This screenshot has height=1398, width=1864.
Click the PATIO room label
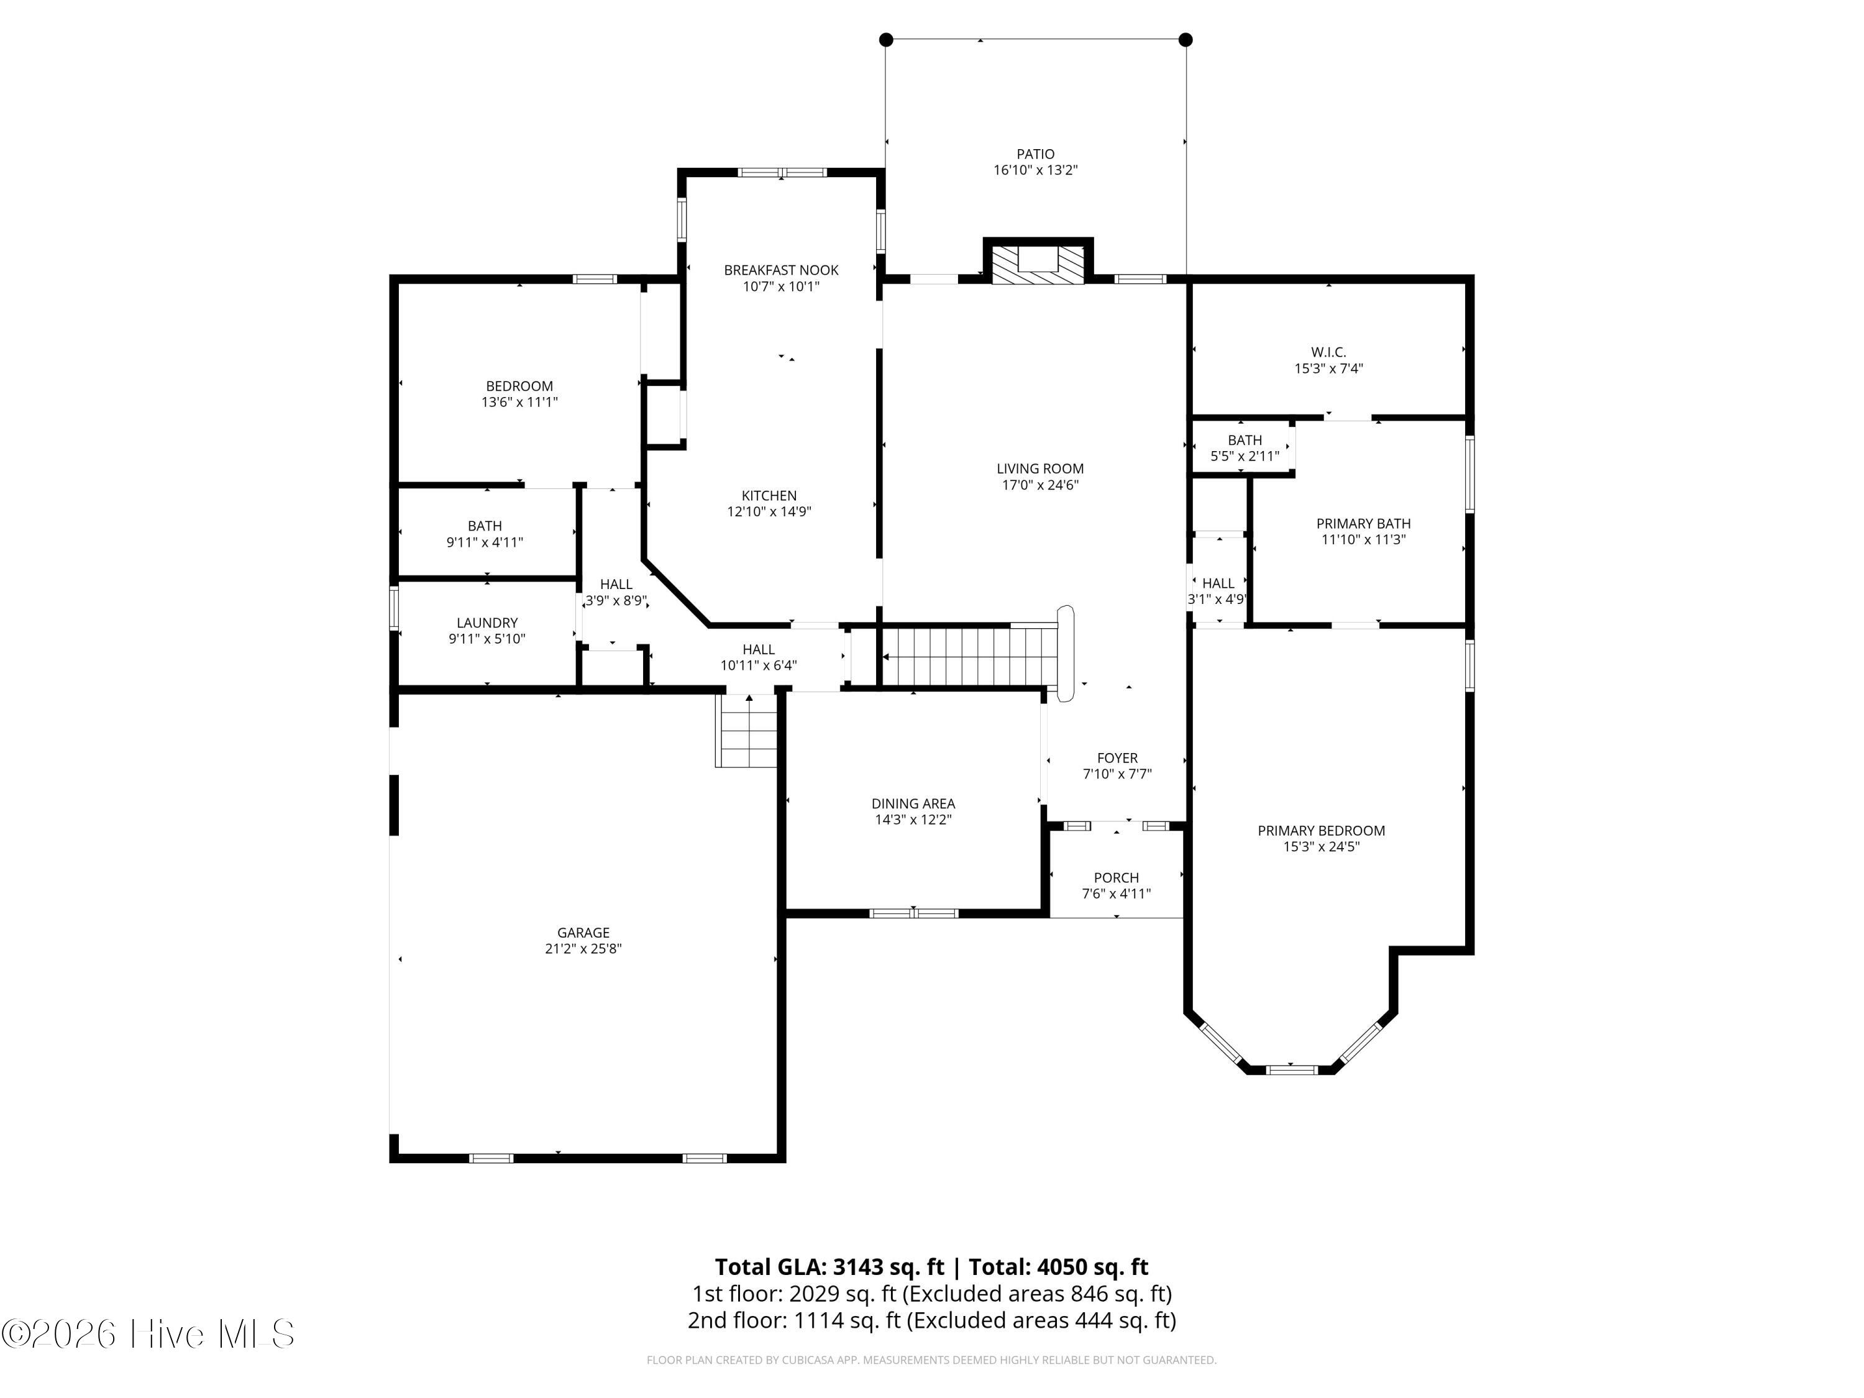(x=1035, y=154)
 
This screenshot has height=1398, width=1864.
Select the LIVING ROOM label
(x=1040, y=468)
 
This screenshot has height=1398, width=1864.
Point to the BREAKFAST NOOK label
(x=781, y=270)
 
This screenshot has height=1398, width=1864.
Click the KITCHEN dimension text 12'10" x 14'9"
(x=769, y=511)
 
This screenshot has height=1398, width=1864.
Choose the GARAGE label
(x=583, y=932)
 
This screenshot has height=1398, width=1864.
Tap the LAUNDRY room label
(x=487, y=623)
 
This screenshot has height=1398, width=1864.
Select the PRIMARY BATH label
(x=1363, y=523)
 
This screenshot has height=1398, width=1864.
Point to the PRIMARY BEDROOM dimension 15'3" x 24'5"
(x=1322, y=847)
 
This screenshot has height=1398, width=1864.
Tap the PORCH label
(x=1117, y=877)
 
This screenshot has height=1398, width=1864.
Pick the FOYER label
(x=1117, y=757)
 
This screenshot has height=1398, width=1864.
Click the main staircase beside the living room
(x=969, y=656)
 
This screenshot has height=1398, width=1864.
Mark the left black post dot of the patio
(x=885, y=40)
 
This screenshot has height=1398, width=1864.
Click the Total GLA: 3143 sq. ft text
(x=829, y=1266)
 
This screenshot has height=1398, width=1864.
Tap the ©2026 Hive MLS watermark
(x=148, y=1333)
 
